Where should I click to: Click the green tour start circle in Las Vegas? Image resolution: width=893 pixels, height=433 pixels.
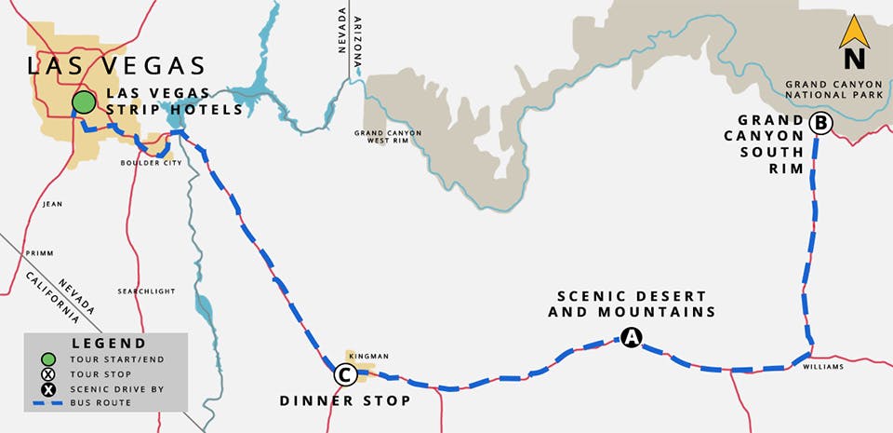[x=84, y=101]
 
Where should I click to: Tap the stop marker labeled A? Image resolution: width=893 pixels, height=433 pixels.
[x=631, y=338]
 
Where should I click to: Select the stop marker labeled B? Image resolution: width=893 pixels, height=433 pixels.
[x=820, y=122]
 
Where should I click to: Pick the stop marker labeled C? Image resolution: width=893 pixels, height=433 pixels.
[x=343, y=375]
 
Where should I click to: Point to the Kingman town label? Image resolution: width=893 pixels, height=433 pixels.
[x=367, y=356]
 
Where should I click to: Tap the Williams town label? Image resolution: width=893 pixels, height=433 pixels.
[x=826, y=367]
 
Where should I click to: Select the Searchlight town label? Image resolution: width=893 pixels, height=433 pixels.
[x=146, y=291]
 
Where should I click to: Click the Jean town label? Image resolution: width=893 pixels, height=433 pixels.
[x=52, y=202]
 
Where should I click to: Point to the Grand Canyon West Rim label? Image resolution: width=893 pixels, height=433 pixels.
[x=387, y=138]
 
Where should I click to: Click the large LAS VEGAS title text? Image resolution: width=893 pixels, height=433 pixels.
[x=115, y=65]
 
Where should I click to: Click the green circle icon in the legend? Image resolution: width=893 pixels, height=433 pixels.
[x=49, y=359]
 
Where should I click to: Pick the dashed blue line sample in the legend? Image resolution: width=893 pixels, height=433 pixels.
[x=49, y=403]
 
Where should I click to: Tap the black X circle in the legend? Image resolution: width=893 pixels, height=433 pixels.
[x=49, y=388]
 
